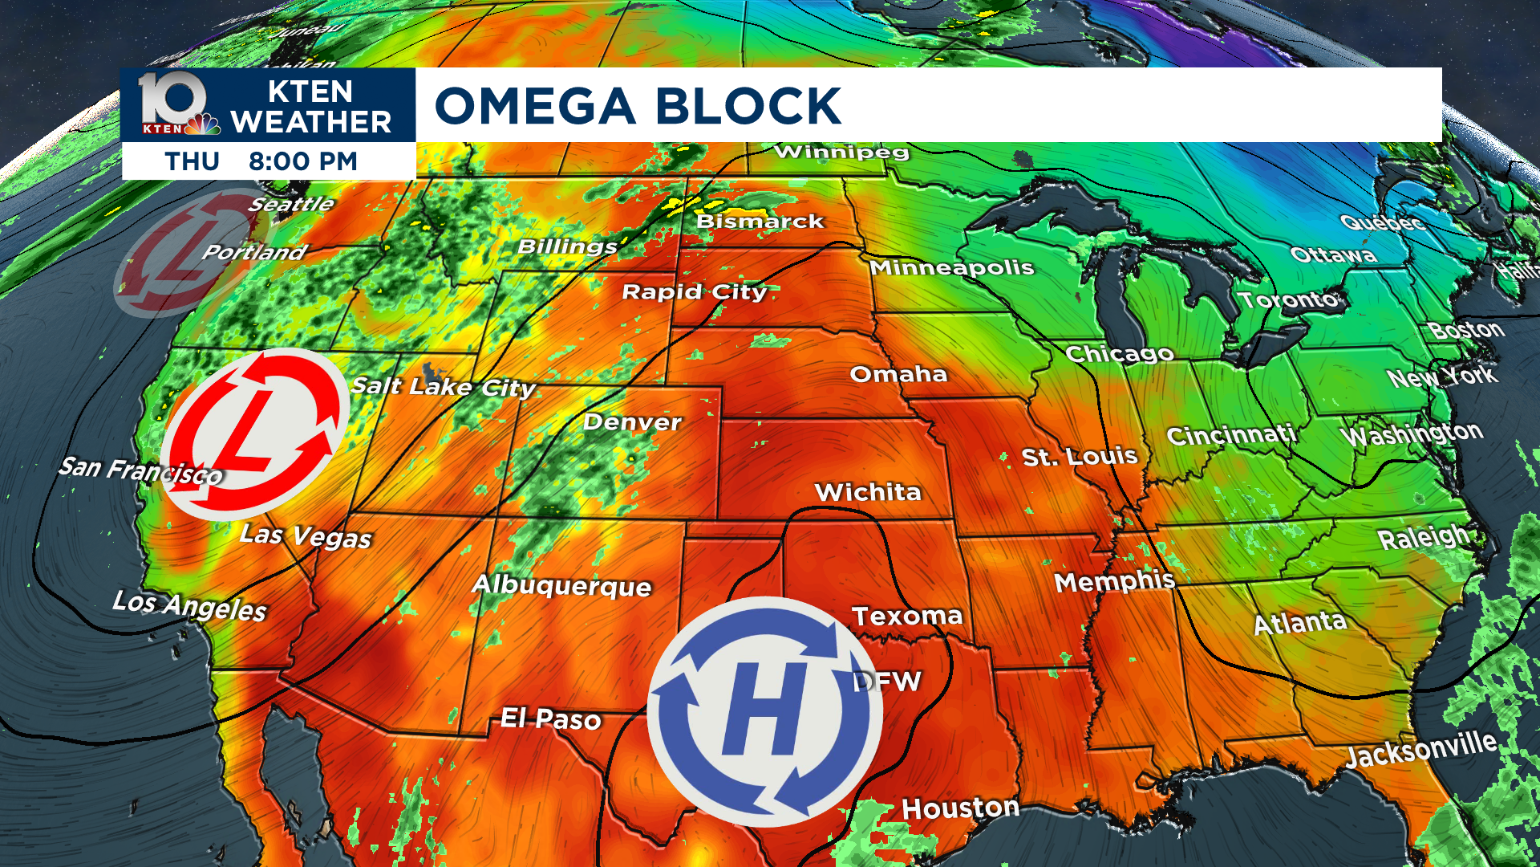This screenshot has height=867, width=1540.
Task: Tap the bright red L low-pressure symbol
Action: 255,434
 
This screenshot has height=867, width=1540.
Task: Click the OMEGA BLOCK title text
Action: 638,106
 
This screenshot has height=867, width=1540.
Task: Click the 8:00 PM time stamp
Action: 302,161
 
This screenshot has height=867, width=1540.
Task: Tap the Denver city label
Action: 632,422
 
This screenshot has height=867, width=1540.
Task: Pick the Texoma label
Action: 906,617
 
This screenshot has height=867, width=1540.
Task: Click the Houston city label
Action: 960,808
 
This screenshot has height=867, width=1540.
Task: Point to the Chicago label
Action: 1119,354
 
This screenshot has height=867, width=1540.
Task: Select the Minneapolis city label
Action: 952,267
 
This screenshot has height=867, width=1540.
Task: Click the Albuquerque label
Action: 561,585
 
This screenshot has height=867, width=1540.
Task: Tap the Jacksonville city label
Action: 1420,749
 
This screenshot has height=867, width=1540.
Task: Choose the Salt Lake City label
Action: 444,387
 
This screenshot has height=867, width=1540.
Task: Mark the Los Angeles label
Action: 189,605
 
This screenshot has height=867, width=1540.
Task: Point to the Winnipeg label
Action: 841,152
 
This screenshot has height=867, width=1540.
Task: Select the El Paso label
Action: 550,718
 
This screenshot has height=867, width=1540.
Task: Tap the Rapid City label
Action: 695,291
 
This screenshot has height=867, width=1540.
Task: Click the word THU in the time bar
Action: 192,161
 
